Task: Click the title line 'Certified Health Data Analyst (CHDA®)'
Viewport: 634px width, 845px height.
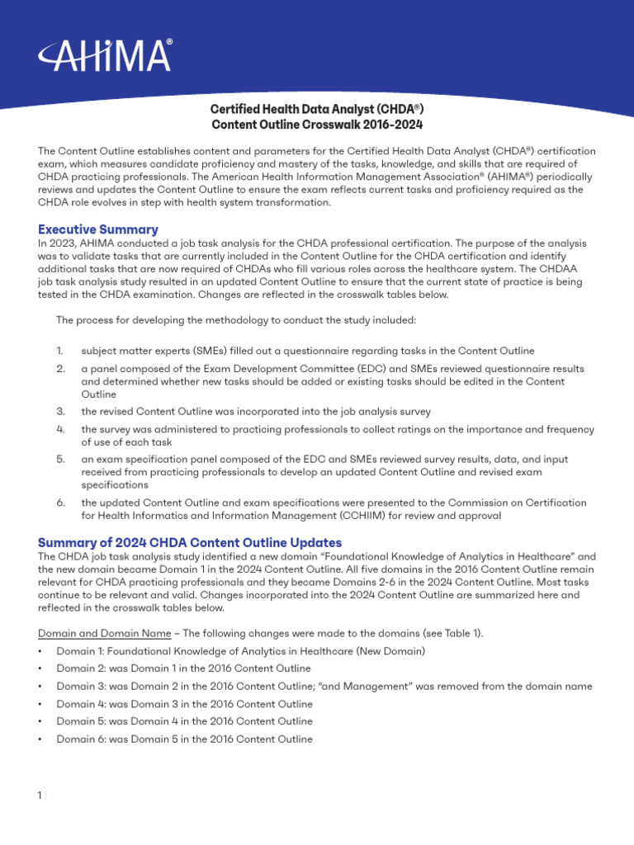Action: [317, 110]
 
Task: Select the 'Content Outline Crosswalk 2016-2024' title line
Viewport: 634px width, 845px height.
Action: [317, 125]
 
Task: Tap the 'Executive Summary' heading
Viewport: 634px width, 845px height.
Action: [98, 229]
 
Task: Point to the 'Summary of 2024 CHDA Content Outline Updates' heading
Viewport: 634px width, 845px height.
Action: [190, 542]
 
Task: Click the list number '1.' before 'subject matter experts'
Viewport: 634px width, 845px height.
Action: [61, 351]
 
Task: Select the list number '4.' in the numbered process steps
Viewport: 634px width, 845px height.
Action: [61, 429]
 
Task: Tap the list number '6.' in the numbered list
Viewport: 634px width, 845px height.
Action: [61, 503]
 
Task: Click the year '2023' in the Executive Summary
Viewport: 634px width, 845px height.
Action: [65, 243]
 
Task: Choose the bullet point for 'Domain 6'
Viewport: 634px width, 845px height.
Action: [41, 739]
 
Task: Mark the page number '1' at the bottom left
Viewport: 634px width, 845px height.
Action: [40, 795]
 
